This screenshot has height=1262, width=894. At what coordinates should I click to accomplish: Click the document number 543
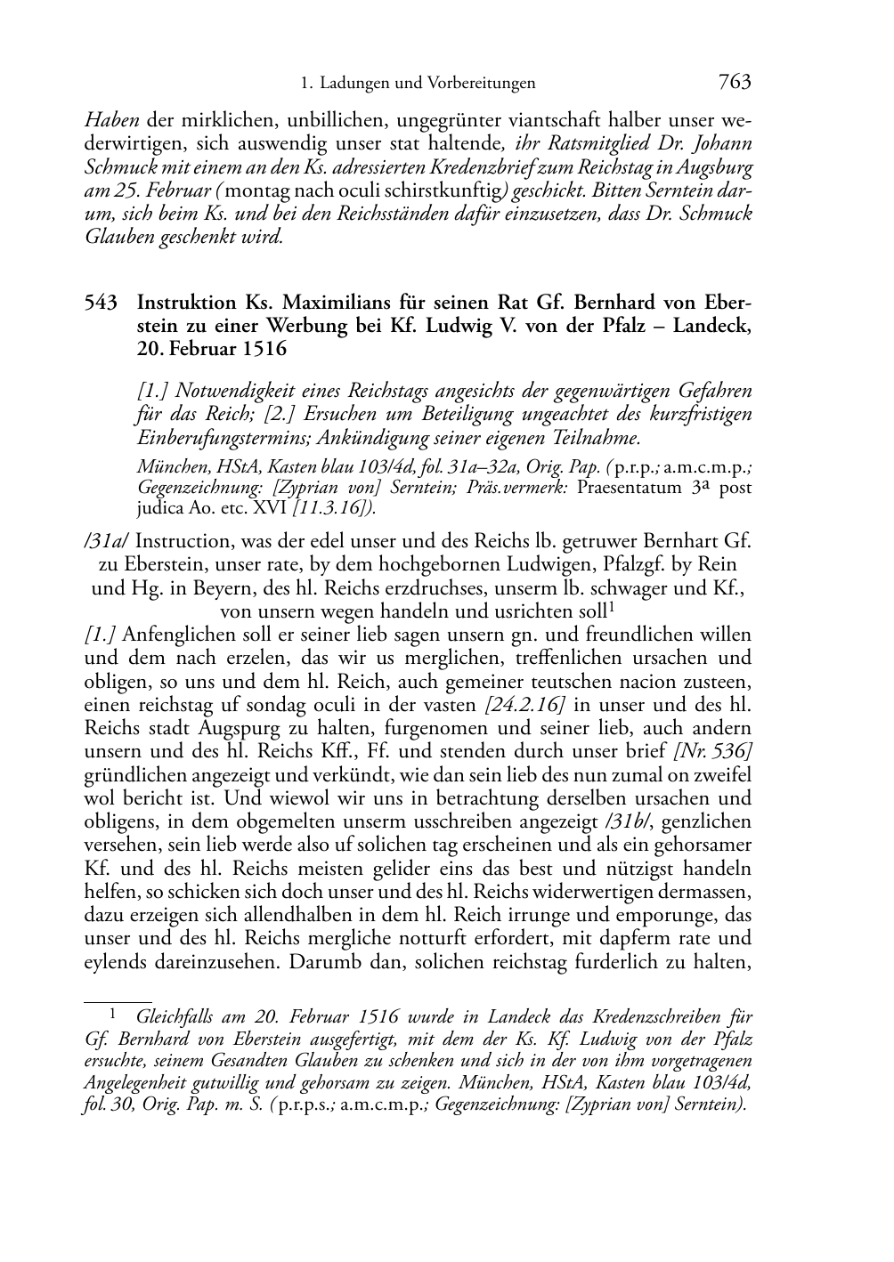[x=101, y=303]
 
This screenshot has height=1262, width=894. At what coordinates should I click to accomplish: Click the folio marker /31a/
[x=107, y=541]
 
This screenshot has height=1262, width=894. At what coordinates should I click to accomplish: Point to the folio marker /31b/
[x=629, y=821]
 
